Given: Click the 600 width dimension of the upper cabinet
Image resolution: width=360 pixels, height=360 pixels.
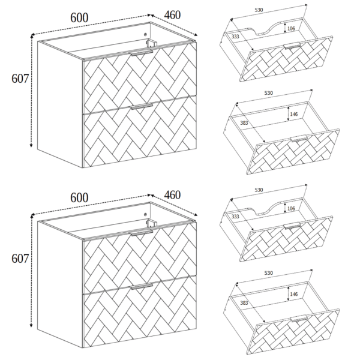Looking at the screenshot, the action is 79,17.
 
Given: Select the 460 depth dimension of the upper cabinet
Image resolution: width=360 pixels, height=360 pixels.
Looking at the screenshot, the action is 172,15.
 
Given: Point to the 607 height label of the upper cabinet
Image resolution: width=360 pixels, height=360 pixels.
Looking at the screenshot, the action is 20,79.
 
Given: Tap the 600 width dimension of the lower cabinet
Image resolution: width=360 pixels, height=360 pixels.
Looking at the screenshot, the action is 79,197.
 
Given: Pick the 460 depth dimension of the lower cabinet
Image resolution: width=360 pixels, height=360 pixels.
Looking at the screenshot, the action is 172,195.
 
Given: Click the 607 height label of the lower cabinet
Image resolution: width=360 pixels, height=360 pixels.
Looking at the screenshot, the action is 20,259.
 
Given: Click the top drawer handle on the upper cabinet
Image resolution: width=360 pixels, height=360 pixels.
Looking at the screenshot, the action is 141,52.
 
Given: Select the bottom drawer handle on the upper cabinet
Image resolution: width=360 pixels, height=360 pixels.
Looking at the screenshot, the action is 142,106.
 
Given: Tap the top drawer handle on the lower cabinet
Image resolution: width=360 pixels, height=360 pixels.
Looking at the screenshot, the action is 141,232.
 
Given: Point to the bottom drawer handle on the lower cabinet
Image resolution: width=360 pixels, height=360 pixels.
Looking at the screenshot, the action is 142,286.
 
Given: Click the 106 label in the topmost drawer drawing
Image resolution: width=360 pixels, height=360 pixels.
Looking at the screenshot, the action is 291,28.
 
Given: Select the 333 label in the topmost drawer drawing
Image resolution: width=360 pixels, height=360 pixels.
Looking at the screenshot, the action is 235,36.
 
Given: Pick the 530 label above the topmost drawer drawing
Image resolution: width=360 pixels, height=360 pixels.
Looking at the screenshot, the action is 259,10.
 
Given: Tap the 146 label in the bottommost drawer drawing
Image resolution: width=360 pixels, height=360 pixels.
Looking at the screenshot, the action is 293,294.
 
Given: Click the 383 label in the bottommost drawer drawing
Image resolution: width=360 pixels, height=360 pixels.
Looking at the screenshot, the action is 244,303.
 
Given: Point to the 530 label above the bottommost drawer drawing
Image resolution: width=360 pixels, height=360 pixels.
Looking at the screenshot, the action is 268,273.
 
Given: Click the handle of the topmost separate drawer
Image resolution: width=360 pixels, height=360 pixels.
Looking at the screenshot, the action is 292,46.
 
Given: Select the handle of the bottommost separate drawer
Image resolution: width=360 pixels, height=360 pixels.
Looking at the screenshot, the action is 299,319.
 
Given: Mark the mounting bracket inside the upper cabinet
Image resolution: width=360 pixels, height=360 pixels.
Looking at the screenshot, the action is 151,43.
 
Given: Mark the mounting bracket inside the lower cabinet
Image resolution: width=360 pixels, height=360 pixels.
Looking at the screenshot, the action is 151,223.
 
